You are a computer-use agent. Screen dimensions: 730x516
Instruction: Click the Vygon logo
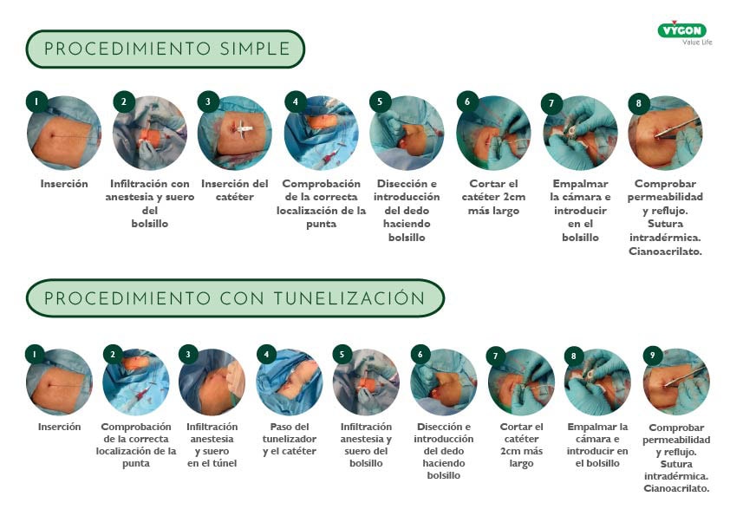[684, 33]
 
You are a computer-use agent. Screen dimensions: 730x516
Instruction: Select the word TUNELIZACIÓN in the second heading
[349, 297]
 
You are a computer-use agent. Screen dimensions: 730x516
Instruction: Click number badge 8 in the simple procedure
[639, 103]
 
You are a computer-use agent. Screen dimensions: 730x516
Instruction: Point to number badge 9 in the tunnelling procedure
[652, 356]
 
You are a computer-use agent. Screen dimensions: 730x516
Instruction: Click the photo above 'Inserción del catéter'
[235, 134]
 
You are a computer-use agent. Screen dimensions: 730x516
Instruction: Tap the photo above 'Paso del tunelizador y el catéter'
[290, 382]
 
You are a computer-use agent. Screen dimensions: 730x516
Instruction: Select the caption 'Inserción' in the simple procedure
[64, 184]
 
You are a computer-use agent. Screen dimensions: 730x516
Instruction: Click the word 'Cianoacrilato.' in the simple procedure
[665, 251]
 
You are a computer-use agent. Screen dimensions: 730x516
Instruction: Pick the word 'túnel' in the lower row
[225, 463]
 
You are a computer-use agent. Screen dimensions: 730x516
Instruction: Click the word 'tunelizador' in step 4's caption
[290, 439]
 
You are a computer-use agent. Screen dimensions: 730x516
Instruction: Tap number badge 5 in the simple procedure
[380, 101]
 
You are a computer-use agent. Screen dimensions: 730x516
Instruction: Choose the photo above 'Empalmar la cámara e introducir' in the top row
[581, 134]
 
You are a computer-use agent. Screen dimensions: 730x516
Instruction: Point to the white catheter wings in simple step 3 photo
[244, 129]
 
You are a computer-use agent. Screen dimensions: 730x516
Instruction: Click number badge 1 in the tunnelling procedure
[35, 355]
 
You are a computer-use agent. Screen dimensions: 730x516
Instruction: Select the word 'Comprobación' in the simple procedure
[322, 184]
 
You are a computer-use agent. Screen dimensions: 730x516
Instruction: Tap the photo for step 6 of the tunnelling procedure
[444, 382]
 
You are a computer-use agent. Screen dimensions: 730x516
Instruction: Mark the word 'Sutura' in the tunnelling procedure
[676, 464]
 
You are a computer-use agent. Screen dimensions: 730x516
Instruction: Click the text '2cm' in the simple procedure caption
[514, 197]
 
